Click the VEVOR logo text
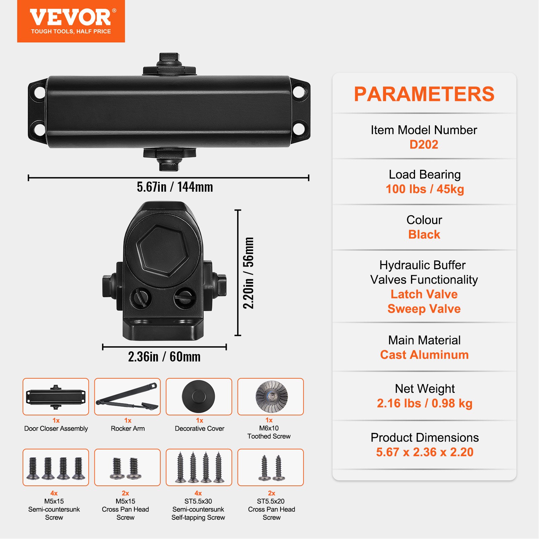pyautogui.click(x=70, y=17)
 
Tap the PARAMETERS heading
pyautogui.click(x=424, y=94)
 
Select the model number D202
pyautogui.click(x=424, y=145)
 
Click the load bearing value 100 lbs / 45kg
pyautogui.click(x=424, y=189)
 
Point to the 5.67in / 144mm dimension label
pyautogui.click(x=175, y=187)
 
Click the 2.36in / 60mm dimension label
pyautogui.click(x=164, y=357)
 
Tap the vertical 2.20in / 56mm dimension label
pyautogui.click(x=249, y=273)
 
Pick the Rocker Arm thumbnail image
pyautogui.click(x=127, y=397)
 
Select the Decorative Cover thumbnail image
pyautogui.click(x=199, y=397)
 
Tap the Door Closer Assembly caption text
pyautogui.click(x=56, y=429)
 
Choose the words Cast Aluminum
pyautogui.click(x=424, y=355)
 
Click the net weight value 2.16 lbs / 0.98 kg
pyautogui.click(x=424, y=403)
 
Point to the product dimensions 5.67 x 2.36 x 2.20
pyautogui.click(x=424, y=452)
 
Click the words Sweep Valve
pyautogui.click(x=424, y=309)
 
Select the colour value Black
pyautogui.click(x=424, y=234)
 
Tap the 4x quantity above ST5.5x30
pyautogui.click(x=198, y=493)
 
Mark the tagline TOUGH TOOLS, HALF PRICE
pyautogui.click(x=71, y=31)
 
